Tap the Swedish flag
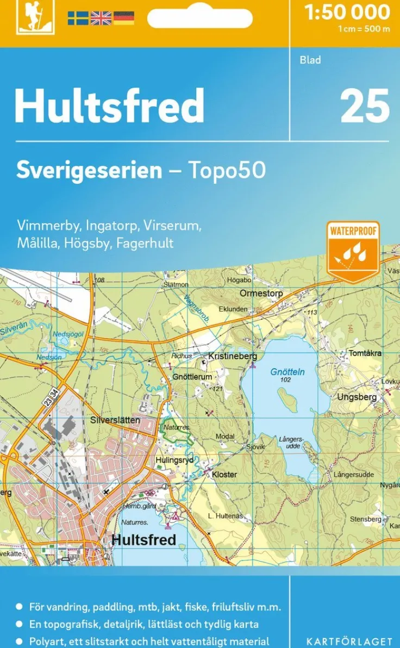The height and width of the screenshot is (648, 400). point(78,18)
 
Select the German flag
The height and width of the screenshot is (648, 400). point(123,18)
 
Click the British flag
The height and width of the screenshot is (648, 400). point(101,18)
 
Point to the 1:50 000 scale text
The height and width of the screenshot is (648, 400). point(347,12)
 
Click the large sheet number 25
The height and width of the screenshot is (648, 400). point(365,106)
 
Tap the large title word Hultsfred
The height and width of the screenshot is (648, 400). point(109,106)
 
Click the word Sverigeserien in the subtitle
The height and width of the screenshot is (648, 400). point(89,170)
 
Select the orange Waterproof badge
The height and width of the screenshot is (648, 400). point(353,251)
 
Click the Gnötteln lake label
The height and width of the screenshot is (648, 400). point(287,372)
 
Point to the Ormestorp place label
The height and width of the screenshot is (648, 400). point(261,294)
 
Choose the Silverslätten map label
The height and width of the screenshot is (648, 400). point(115,420)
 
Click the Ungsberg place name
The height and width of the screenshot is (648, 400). point(357,397)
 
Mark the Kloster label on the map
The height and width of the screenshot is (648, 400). point(224,475)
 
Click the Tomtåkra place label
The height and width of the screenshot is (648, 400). point(365,353)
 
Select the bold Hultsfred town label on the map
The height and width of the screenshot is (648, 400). point(143,539)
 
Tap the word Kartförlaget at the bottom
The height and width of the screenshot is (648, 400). point(349,642)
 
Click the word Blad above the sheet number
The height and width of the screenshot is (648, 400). point(310,60)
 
